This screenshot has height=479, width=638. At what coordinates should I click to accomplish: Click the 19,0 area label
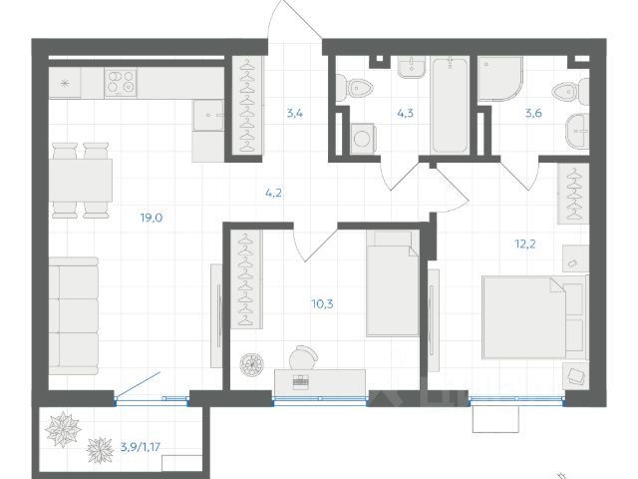tap(152, 218)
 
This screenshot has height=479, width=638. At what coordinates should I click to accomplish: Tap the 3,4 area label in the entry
tap(295, 113)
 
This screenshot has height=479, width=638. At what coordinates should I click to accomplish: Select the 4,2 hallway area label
tap(273, 193)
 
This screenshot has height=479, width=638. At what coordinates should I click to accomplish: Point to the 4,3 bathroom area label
tap(406, 113)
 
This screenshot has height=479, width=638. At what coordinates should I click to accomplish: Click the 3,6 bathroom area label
tap(533, 113)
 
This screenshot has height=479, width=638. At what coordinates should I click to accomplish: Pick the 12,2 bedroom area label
tap(525, 243)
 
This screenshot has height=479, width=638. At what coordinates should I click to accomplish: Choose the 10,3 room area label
tap(323, 303)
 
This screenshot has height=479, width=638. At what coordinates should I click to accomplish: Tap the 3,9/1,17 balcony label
tap(141, 447)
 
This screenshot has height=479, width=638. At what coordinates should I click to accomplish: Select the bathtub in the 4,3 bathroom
tap(450, 106)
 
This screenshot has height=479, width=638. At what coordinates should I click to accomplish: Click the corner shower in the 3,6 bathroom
tap(500, 79)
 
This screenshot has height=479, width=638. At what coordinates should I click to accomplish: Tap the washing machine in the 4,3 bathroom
tap(363, 139)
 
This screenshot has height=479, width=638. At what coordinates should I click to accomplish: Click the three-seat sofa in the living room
tap(74, 316)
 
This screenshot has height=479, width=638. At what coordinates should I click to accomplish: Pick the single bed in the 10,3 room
tap(393, 283)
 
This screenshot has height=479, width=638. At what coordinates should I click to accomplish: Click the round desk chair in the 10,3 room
tap(303, 357)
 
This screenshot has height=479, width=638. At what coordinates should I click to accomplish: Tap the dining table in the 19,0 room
tap(81, 180)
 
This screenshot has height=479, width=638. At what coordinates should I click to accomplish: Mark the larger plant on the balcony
tap(63, 429)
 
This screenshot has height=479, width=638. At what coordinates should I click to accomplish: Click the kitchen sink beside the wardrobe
tap(208, 116)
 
